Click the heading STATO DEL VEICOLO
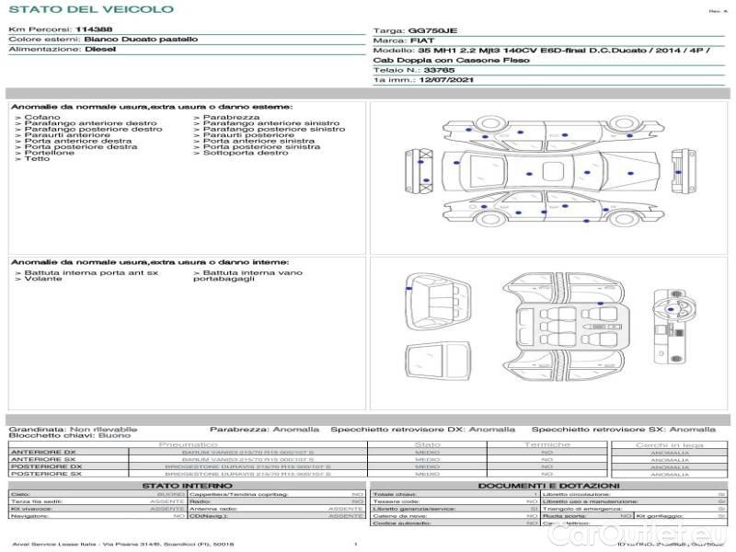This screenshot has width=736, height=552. pos(90,9)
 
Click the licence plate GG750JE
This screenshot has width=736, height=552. pos(431,30)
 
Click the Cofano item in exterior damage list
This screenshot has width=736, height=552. pos(42,118)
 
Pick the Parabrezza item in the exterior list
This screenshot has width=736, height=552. pos(231,118)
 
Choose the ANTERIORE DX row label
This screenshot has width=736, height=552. pos(43,452)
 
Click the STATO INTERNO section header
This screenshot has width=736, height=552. pos(188,485)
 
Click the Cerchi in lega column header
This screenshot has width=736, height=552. pos(669,444)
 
